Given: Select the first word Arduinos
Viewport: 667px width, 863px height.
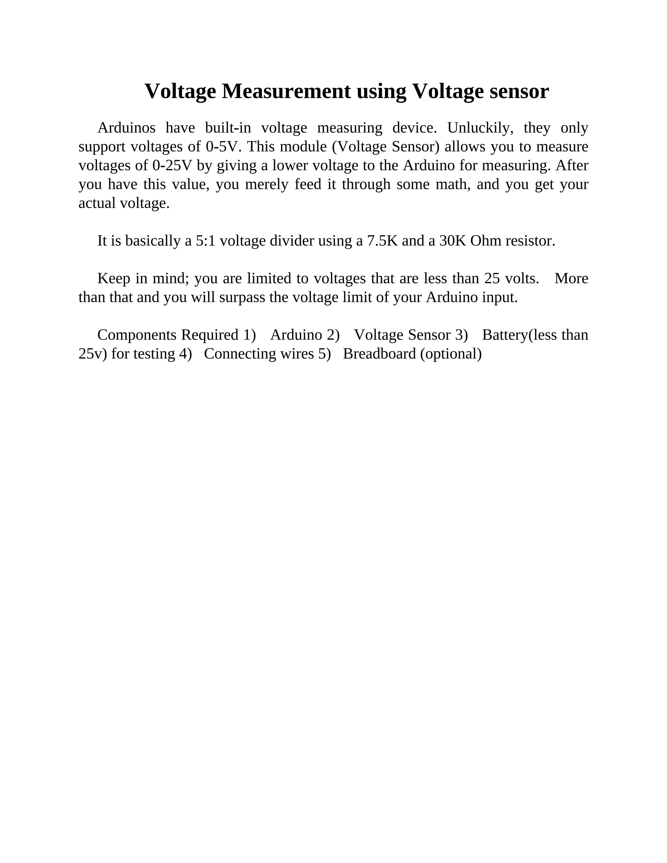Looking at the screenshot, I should [126, 128].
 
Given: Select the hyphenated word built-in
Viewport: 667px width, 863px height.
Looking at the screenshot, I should [228, 128].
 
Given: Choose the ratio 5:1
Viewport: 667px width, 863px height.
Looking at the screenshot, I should [206, 241].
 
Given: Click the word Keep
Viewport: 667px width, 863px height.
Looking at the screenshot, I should [114, 278].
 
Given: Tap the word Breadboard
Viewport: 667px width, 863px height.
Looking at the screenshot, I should [379, 354].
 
